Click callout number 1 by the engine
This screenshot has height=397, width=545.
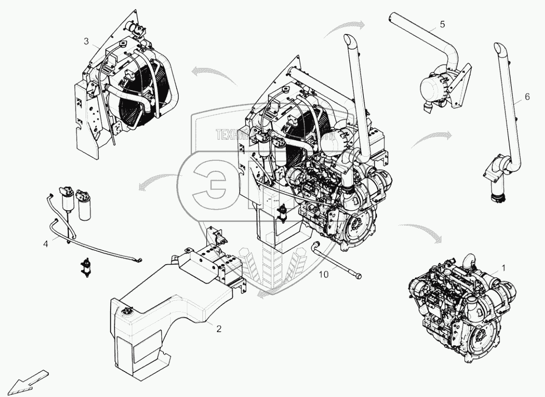click(503, 267)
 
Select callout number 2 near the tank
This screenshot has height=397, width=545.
click(219, 329)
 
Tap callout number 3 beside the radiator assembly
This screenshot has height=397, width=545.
click(86, 41)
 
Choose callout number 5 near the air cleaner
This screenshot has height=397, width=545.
click(442, 24)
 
